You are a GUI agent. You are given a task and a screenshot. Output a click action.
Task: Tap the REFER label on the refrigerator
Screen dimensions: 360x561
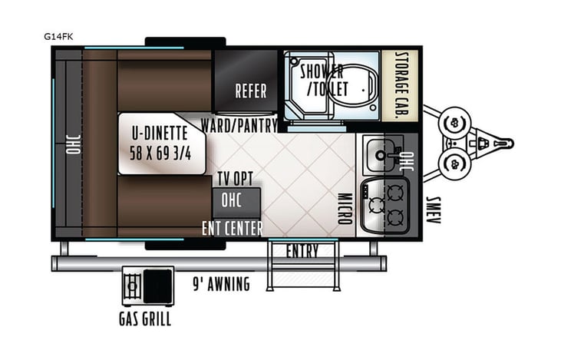[x=251, y=91]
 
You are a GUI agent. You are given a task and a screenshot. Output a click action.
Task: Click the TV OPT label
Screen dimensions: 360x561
[x=235, y=179]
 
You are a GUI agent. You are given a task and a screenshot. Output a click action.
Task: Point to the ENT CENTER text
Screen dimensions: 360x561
[x=233, y=228]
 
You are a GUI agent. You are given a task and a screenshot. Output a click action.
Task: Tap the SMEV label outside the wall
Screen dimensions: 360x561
[x=434, y=206]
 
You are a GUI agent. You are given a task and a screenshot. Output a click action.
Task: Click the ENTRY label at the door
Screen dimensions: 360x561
[x=302, y=251]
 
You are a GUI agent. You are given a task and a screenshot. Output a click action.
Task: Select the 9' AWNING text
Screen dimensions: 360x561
[x=221, y=285]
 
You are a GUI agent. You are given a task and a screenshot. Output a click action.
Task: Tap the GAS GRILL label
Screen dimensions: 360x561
[x=145, y=319]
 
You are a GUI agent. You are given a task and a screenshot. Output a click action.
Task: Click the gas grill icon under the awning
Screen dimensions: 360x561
[x=147, y=286]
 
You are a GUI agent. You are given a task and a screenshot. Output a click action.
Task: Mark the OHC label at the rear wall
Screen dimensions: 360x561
[x=74, y=143]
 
